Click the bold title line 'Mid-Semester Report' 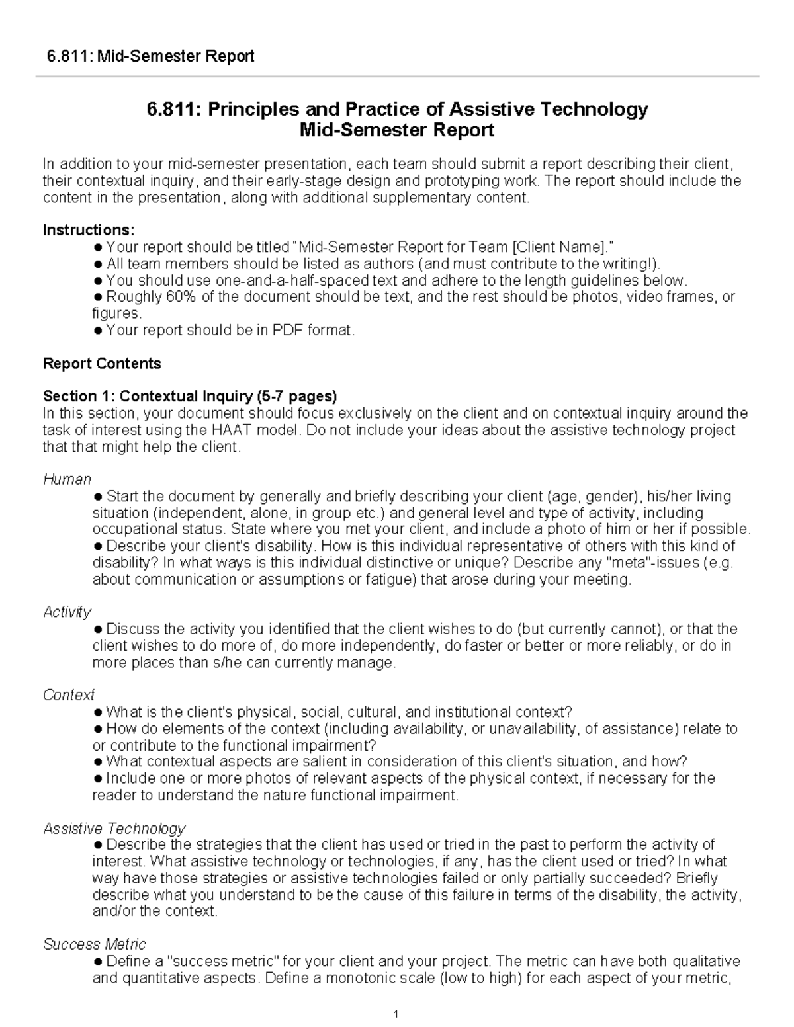click(397, 130)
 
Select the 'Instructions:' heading click(89, 230)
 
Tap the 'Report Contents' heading click(102, 364)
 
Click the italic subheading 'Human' click(67, 479)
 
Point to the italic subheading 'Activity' click(67, 612)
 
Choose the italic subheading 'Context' click(69, 696)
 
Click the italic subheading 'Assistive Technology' click(114, 829)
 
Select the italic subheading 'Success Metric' click(95, 944)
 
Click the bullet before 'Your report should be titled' click(98, 247)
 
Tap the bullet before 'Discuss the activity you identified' click(98, 629)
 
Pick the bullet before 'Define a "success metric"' click(98, 962)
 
